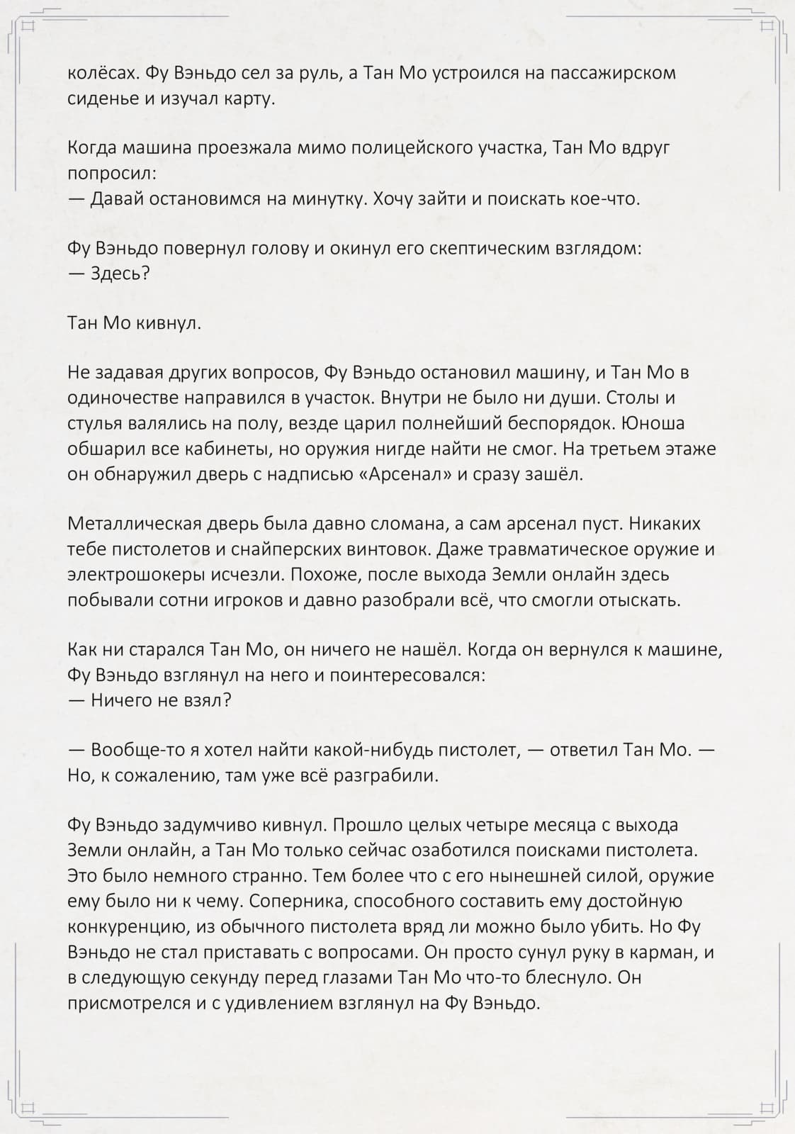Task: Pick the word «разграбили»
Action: coord(384,775)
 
